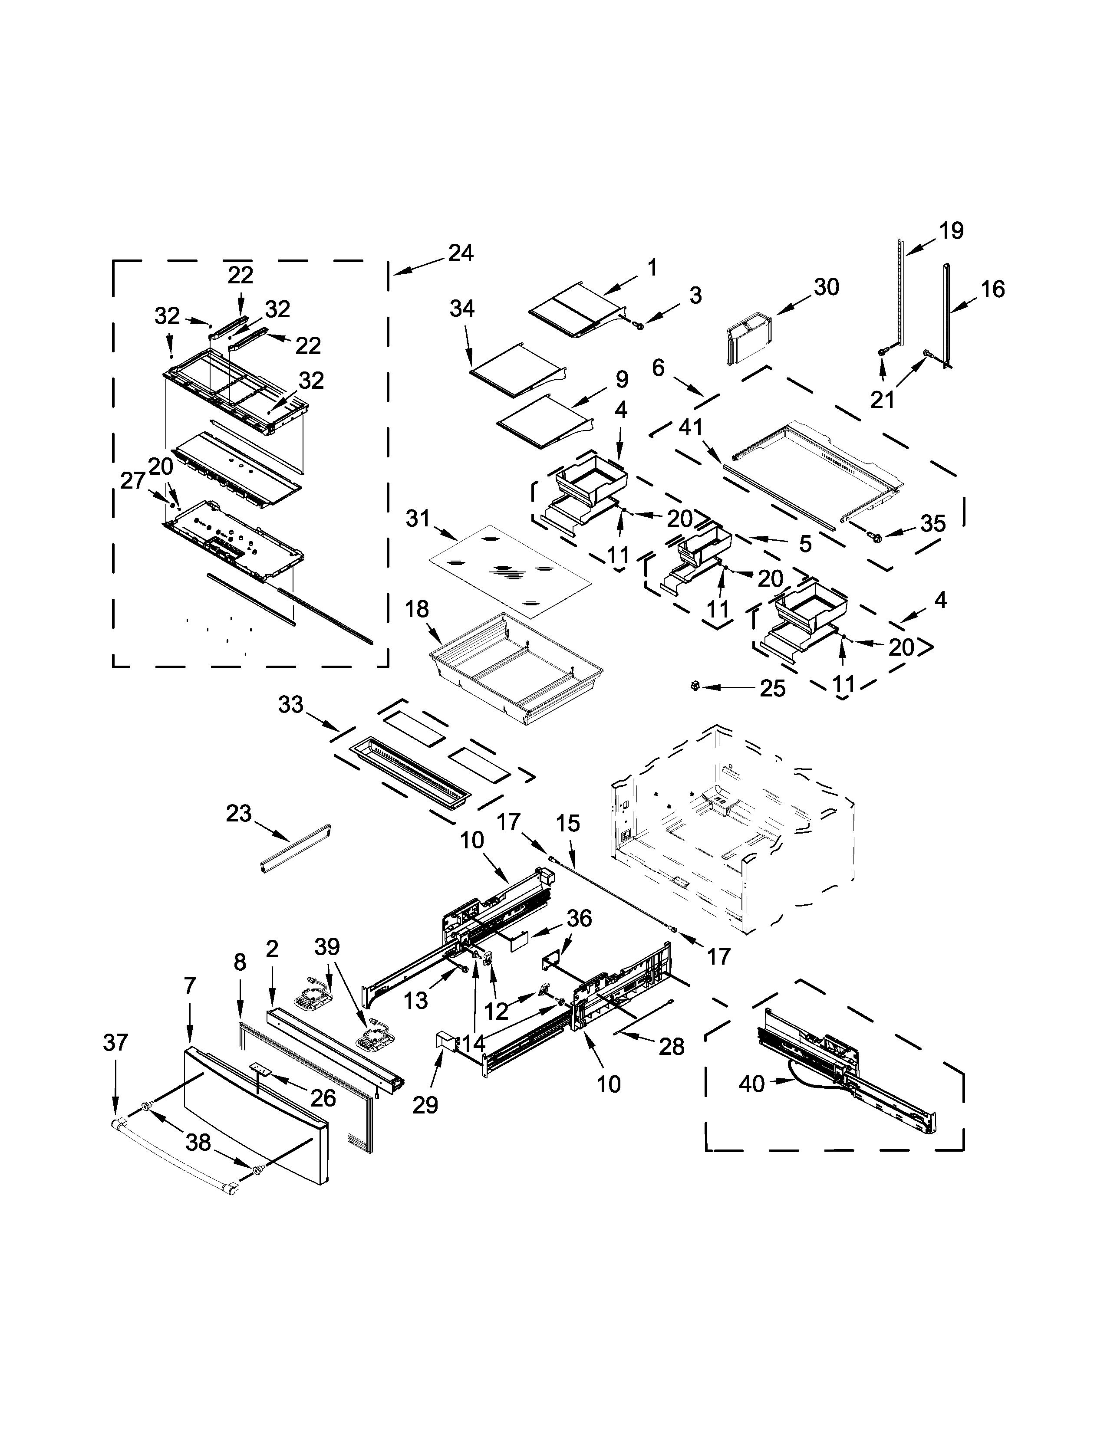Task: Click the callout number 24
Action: coord(461,253)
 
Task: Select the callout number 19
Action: coord(950,231)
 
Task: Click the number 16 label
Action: coord(992,289)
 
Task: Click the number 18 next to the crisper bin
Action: coord(417,609)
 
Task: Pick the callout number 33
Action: coord(290,705)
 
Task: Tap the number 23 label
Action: coord(239,813)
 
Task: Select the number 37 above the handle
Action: coord(115,1042)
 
